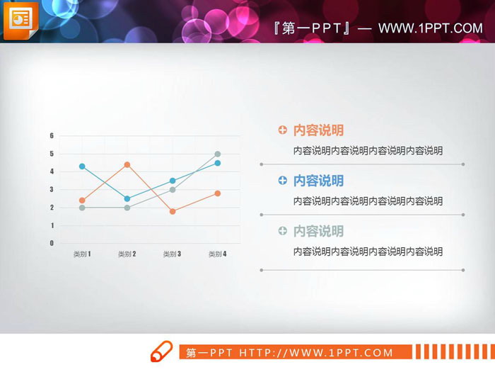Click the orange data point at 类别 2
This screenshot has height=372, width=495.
pyautogui.click(x=127, y=165)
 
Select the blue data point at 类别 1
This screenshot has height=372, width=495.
pyautogui.click(x=82, y=167)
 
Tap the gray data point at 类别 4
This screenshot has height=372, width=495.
pyautogui.click(x=218, y=154)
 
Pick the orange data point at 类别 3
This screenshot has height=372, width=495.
pyautogui.click(x=173, y=211)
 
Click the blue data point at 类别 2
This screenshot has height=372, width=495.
pyautogui.click(x=127, y=198)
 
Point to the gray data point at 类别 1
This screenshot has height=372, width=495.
pyautogui.click(x=82, y=208)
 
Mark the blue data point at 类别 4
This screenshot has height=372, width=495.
pyautogui.click(x=218, y=163)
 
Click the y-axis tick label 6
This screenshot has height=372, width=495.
pyautogui.click(x=52, y=135)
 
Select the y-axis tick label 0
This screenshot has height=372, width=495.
pyautogui.click(x=52, y=243)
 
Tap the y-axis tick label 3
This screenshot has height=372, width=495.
pyautogui.click(x=52, y=189)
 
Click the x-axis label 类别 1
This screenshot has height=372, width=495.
pyautogui.click(x=82, y=254)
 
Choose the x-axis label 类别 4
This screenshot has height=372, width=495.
pyautogui.click(x=218, y=254)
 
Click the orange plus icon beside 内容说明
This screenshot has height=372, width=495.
pyautogui.click(x=283, y=130)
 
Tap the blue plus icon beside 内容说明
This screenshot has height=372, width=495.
pyautogui.click(x=283, y=181)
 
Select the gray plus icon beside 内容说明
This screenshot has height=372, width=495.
pyautogui.click(x=283, y=231)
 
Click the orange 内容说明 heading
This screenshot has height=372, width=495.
pyautogui.click(x=318, y=130)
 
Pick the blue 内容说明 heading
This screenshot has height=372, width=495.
pyautogui.click(x=318, y=181)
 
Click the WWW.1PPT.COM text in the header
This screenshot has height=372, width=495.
pyautogui.click(x=430, y=28)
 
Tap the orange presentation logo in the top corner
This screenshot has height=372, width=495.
pyautogui.click(x=19, y=21)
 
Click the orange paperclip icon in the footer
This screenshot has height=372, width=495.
pyautogui.click(x=162, y=351)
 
